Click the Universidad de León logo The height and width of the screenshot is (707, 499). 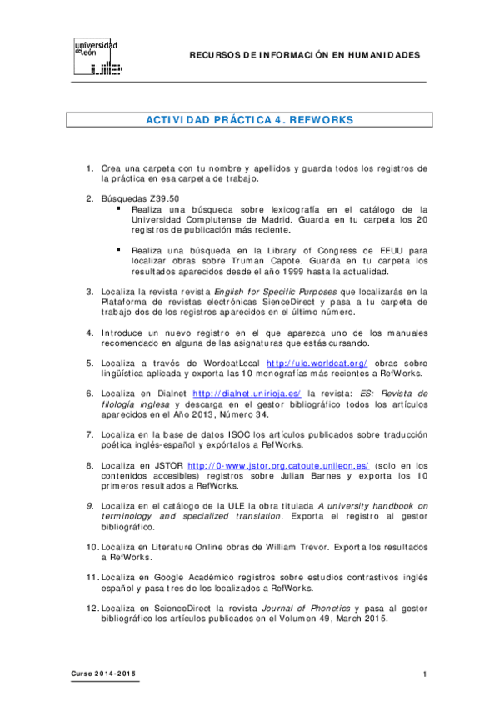(x=97, y=56)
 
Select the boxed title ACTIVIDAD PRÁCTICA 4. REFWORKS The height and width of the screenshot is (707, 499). (x=249, y=120)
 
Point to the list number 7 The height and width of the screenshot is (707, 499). (x=90, y=434)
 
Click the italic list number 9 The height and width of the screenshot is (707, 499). (x=90, y=505)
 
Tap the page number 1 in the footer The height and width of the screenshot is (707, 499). (x=424, y=674)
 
